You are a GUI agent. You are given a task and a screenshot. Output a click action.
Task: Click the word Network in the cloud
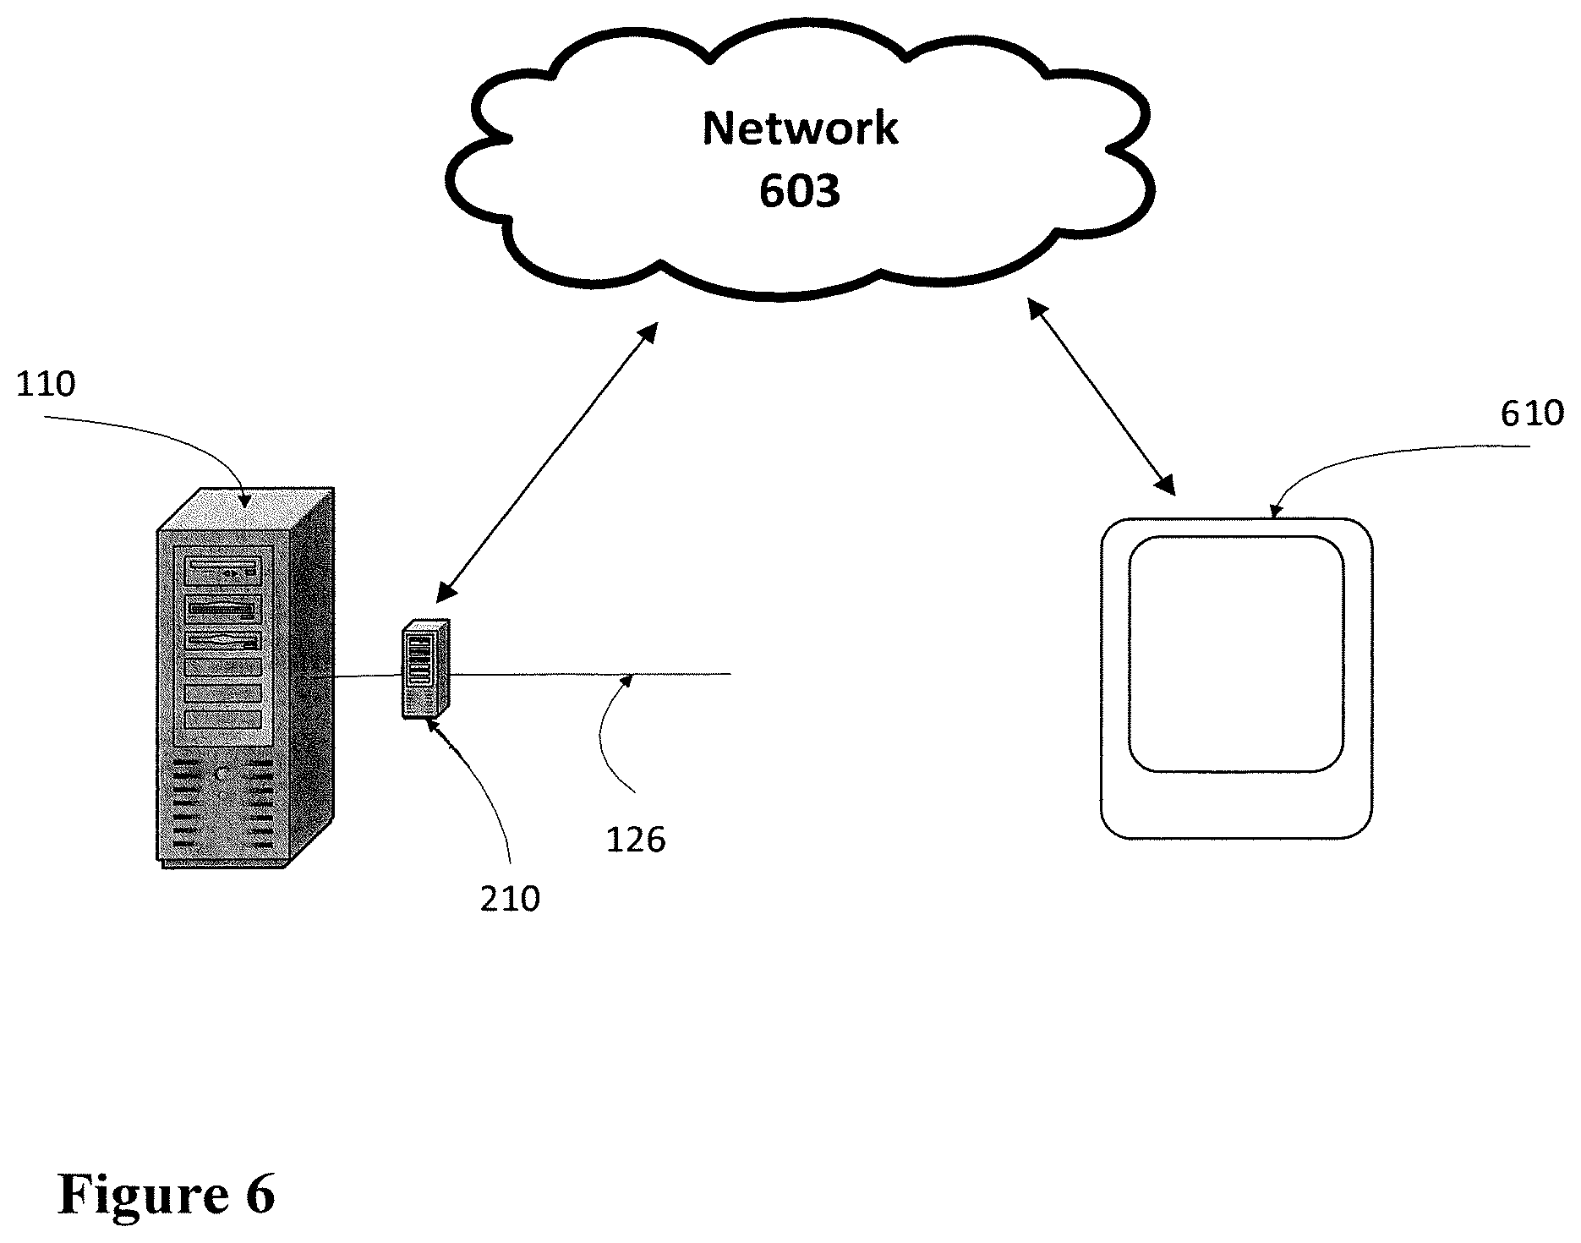(800, 129)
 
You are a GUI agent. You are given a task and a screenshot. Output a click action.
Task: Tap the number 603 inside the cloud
(800, 191)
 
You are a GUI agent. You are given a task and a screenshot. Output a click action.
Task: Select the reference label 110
(46, 385)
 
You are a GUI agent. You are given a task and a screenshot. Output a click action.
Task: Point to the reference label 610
(1532, 413)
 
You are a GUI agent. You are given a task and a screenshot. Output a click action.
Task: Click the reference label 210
(510, 899)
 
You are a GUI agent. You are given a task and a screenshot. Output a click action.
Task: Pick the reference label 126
(636, 840)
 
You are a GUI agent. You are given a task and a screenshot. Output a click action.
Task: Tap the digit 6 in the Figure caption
(260, 1194)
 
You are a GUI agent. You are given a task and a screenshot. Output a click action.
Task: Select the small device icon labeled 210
(426, 669)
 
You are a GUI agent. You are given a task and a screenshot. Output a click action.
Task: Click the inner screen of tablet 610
(1236, 654)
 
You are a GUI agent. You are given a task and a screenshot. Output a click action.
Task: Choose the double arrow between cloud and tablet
(1101, 397)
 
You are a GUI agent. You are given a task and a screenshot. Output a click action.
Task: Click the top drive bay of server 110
(222, 571)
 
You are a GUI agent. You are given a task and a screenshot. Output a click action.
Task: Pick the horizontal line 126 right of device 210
(590, 674)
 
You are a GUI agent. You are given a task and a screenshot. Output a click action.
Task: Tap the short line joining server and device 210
(368, 676)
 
